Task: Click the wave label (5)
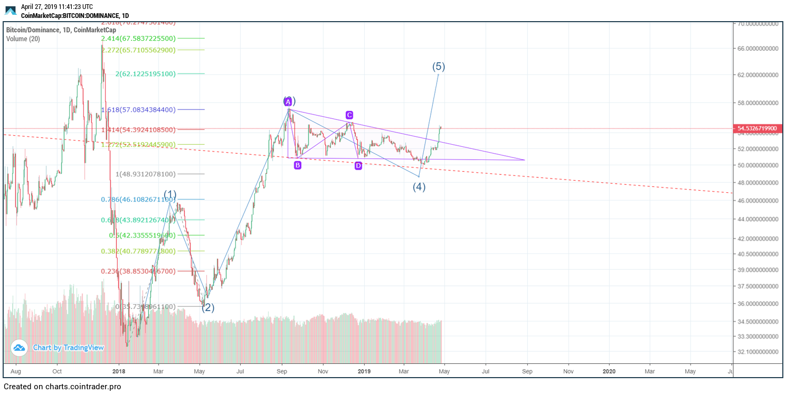439,67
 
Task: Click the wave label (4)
419,187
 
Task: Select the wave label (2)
208,307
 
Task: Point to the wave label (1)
170,194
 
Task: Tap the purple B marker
298,165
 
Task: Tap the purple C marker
349,115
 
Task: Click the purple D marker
358,166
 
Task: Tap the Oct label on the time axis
57,371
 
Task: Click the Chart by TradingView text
68,348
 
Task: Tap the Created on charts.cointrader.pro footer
62,387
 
